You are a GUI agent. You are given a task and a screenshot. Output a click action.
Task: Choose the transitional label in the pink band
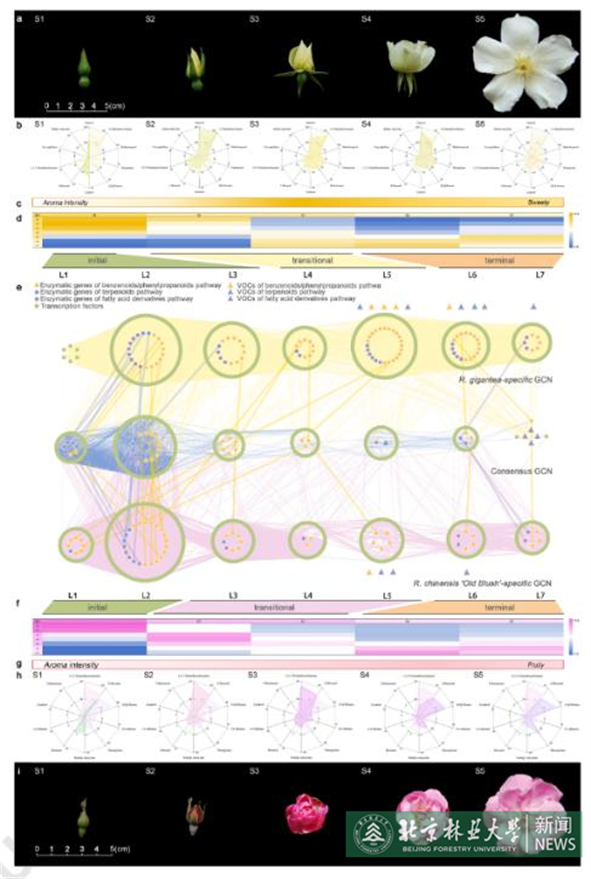click(274, 607)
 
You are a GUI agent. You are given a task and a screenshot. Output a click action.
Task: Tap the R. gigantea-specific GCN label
click(505, 380)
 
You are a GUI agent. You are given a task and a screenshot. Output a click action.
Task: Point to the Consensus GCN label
click(521, 471)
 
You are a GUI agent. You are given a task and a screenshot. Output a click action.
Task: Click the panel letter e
click(19, 288)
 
